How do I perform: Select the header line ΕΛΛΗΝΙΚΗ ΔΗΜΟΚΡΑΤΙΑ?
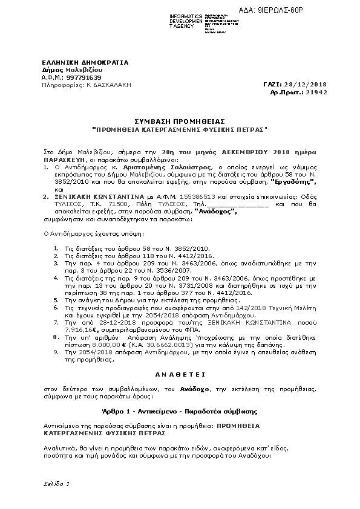(x=76, y=62)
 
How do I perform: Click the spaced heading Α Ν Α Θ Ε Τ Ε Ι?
(x=180, y=374)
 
